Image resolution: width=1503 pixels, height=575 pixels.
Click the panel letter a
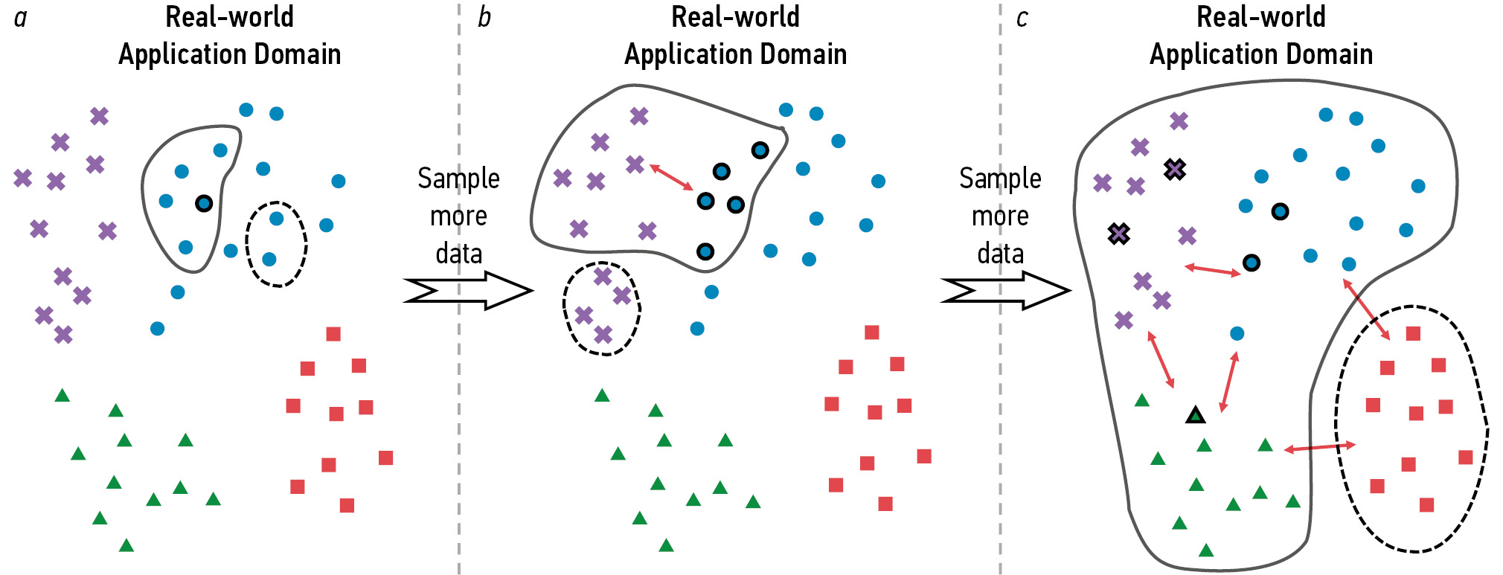tap(21, 18)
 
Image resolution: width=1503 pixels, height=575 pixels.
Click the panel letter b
tap(484, 17)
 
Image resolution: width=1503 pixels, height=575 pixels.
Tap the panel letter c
tap(1022, 18)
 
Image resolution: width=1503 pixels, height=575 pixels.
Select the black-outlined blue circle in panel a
tap(204, 203)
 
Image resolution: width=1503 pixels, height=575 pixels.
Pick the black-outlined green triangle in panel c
tap(1195, 415)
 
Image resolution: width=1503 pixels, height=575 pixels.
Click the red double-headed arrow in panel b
tap(672, 177)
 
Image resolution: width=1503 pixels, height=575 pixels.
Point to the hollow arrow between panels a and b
tap(469, 290)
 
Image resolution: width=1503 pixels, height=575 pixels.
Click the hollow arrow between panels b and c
tap(1006, 290)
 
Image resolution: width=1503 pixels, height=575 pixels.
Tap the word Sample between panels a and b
tap(458, 179)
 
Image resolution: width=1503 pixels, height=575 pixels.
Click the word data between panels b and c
tap(1000, 254)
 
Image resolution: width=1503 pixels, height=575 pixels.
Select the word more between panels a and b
tap(458, 216)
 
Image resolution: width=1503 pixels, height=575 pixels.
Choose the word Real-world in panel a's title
tap(229, 17)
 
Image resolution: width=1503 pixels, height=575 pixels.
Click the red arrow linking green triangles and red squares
tap(1319, 447)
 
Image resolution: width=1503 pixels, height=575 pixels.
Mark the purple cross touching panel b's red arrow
tap(635, 164)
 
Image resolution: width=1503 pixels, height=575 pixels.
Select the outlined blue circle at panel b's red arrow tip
tap(705, 201)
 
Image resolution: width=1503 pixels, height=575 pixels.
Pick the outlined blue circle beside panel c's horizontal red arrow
tap(1252, 263)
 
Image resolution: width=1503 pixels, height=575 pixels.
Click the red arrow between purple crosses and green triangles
tap(1161, 360)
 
